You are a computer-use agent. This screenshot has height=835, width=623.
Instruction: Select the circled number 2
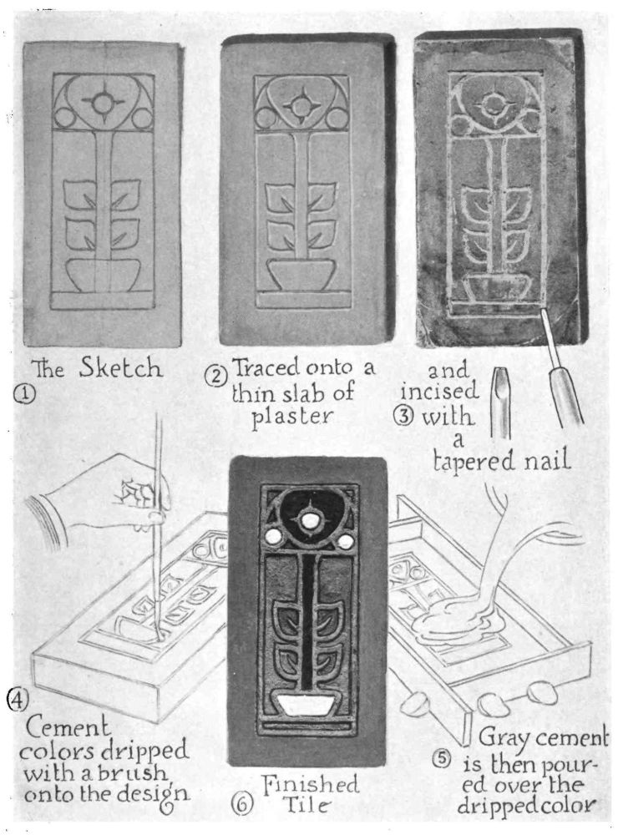click(x=216, y=377)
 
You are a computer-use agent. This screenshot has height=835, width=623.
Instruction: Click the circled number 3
click(x=404, y=415)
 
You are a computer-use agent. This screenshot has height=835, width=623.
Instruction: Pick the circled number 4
click(x=17, y=697)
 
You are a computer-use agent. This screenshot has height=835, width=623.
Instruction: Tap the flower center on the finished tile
click(x=307, y=522)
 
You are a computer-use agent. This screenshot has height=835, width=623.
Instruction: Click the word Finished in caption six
click(x=311, y=784)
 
